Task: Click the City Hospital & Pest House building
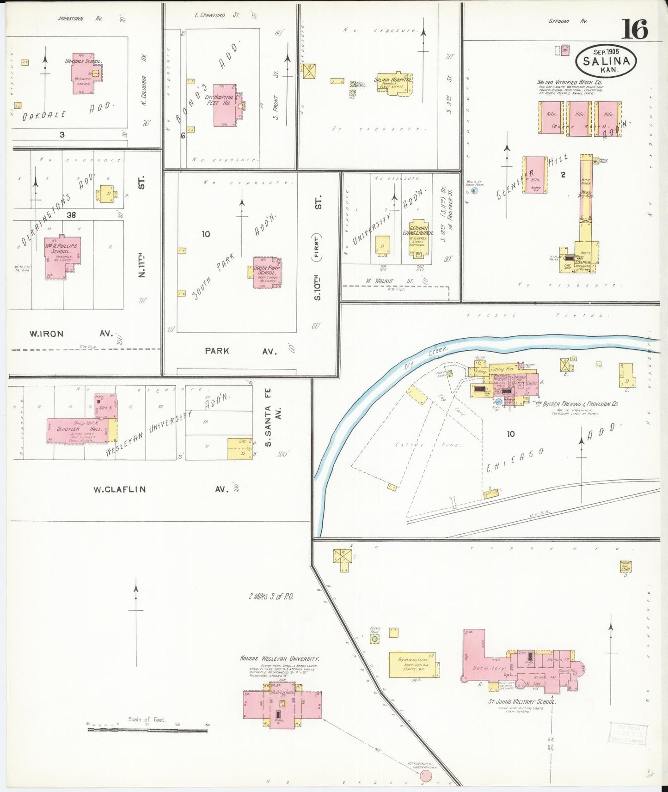pos(225,105)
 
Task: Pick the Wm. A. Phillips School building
pos(61,256)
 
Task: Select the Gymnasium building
pos(413,664)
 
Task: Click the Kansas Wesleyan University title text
pos(279,658)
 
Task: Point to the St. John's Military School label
pos(521,701)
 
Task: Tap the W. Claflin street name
pos(119,489)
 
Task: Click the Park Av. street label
pos(217,351)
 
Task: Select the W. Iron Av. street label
pos(46,334)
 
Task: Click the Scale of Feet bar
pos(147,730)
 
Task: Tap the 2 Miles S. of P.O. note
pos(271,596)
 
